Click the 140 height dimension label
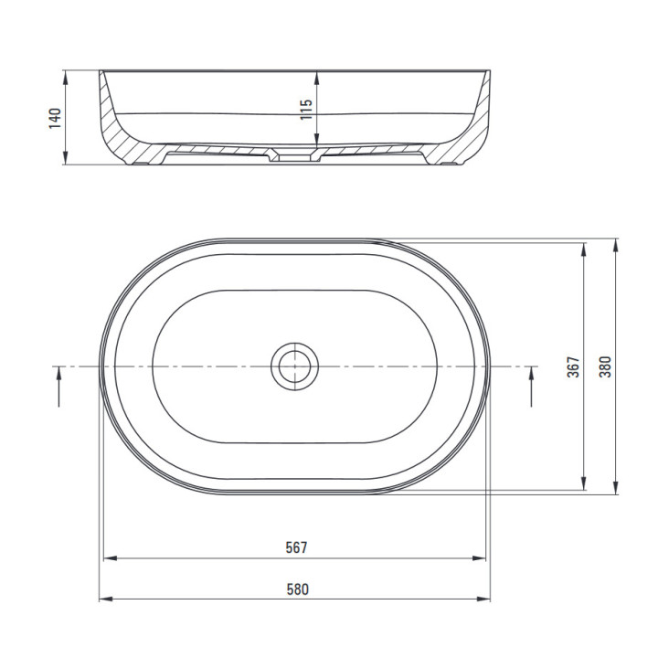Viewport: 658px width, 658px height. pos(55,118)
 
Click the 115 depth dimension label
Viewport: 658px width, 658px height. pos(306,110)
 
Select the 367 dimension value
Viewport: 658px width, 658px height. pos(573,366)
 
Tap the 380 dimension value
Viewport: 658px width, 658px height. pos(605,366)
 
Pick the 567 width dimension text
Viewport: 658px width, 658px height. pos(297,547)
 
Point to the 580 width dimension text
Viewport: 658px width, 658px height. pos(298,589)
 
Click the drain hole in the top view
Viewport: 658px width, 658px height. pos(294,366)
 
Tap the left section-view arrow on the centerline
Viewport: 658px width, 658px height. pos(59,387)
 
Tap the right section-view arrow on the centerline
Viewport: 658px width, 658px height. pos(531,387)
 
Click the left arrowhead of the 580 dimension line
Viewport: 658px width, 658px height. pos(105,599)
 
